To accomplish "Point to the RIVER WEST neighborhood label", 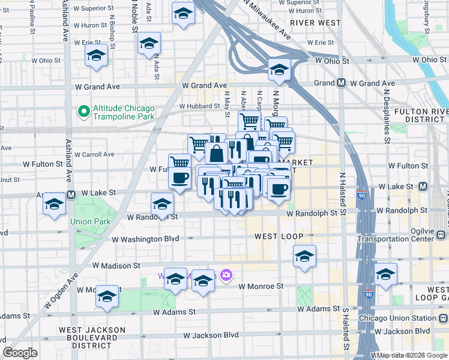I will click(315, 23).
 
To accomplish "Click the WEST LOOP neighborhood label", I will click(279, 236).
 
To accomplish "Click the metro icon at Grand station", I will click(341, 83).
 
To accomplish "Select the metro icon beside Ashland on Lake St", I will click(71, 194).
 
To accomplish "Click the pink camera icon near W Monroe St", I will click(226, 275).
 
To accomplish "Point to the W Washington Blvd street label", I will click(146, 239).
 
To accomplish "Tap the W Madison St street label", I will click(116, 265).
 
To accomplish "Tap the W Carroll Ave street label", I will click(92, 154).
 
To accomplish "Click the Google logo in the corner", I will click(20, 353).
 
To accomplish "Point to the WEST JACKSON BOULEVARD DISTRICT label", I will click(92, 335).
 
